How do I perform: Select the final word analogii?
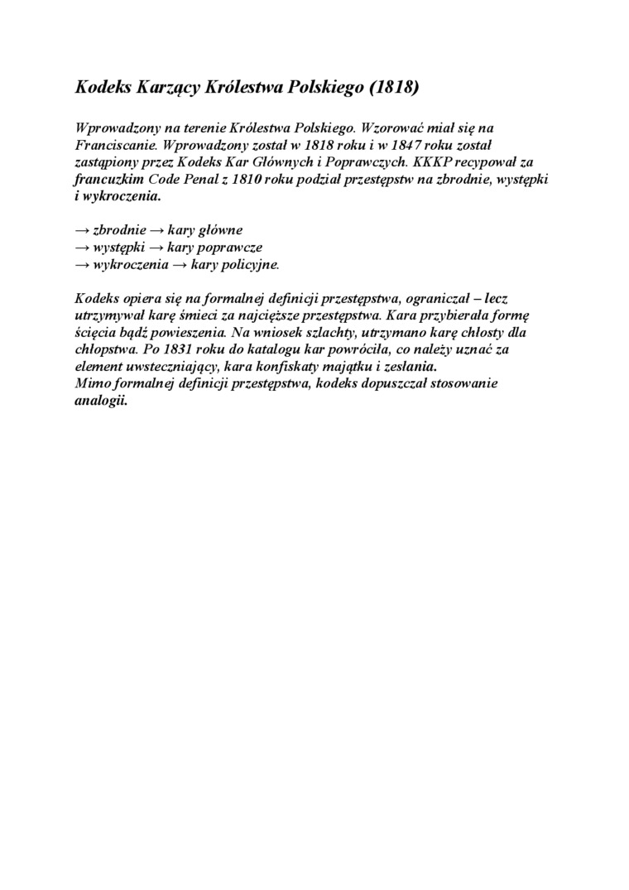pos(97,402)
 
